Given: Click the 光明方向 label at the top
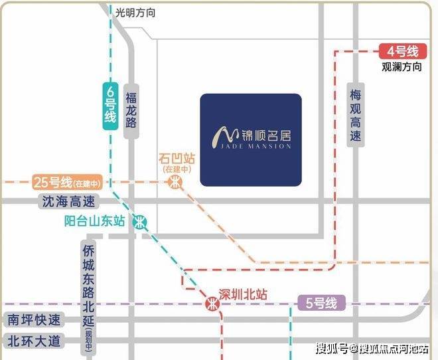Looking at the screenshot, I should point(135,13).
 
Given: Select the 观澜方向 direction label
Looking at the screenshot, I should point(402,67).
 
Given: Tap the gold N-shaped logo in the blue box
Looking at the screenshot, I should point(222,137).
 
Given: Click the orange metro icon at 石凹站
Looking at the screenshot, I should point(175,183).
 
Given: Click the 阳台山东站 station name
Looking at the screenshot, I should point(94,222).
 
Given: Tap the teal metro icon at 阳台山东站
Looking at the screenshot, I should point(140,223).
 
